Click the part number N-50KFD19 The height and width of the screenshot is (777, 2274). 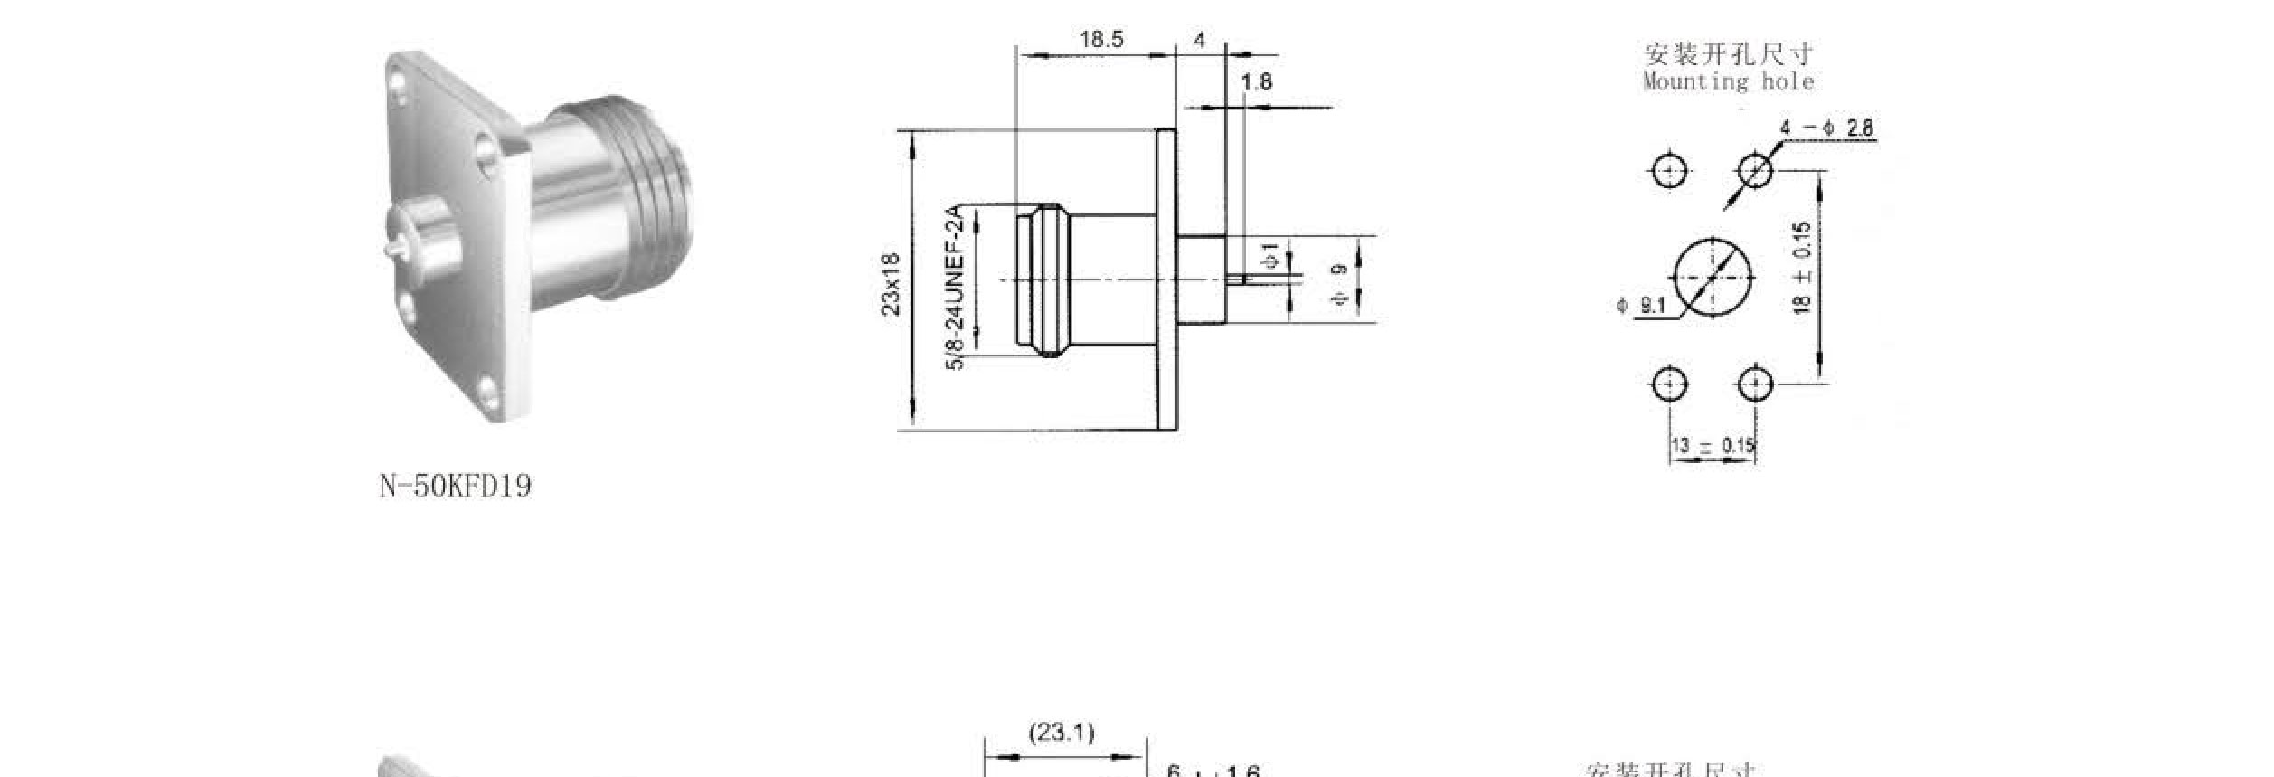tap(455, 487)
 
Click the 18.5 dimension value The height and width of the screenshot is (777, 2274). tap(1100, 40)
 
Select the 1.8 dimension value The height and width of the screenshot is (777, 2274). tap(1256, 82)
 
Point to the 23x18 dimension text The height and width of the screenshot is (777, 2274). tap(892, 283)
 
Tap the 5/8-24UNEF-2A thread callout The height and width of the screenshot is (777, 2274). tap(956, 287)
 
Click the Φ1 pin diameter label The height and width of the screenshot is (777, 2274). tap(1270, 256)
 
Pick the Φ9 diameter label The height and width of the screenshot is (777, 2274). tap(1340, 284)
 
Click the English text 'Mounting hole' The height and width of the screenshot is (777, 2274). tap(1728, 82)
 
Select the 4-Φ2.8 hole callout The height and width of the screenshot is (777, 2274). tap(1827, 128)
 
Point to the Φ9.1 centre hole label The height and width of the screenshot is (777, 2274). tap(1642, 306)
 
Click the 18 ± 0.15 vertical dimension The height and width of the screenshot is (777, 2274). tap(1801, 269)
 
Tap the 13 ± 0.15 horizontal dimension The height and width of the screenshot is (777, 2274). tap(1713, 446)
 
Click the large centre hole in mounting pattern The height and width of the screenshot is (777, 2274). tap(1713, 278)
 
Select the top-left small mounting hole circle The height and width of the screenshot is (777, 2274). tap(1669, 171)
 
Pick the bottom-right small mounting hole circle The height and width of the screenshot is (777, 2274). tap(1755, 385)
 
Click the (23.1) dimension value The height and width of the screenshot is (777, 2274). tap(1062, 732)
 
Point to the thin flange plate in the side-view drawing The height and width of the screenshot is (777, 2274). tap(1167, 280)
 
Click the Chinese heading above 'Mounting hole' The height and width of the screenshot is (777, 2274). tap(1728, 54)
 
